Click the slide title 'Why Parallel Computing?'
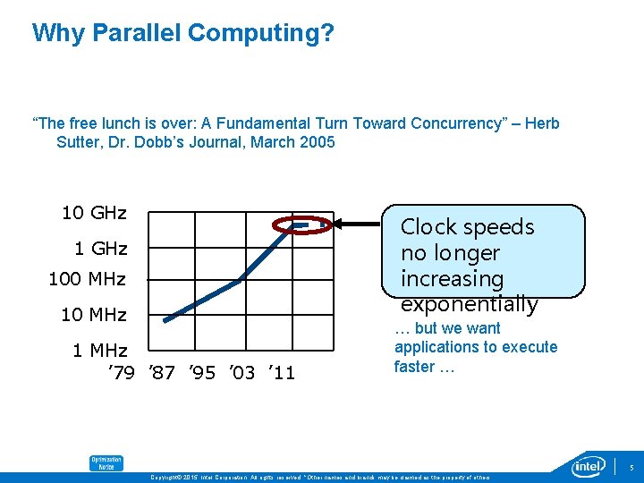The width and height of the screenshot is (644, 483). coord(182,33)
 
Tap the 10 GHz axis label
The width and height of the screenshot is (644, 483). coord(94,213)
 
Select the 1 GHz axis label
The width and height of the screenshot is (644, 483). coord(99,248)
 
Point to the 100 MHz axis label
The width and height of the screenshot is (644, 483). coord(87,280)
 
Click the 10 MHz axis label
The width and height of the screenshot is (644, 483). coord(93,315)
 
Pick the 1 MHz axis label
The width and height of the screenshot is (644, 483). coord(99,350)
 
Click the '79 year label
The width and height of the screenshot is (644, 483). coord(121,371)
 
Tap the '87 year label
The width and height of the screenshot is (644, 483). coord(161,371)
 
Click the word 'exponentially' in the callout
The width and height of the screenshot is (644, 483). coord(469,304)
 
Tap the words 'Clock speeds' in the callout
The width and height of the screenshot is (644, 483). coord(467,227)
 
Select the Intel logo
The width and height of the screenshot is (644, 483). coord(589,465)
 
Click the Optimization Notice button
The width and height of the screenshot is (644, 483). coord(106,463)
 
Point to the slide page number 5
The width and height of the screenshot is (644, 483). coord(631,467)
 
